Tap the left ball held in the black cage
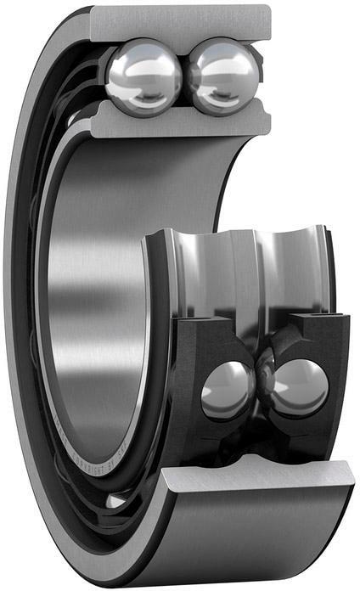[x=227, y=390]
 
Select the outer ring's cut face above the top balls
[x=183, y=20]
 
